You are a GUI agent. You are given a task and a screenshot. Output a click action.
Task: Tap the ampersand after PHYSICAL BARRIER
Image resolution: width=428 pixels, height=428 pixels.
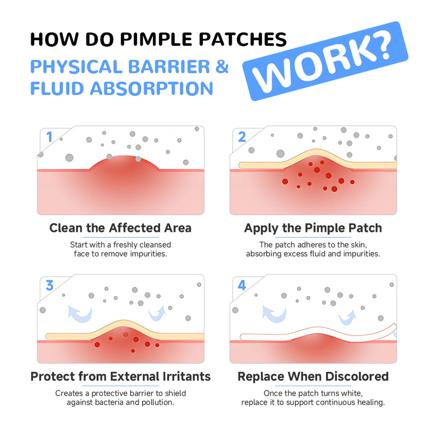(222, 66)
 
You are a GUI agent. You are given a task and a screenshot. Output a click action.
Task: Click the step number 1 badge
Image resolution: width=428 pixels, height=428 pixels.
(49, 137)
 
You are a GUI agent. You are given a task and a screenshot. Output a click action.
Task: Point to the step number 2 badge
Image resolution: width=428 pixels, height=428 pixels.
(242, 137)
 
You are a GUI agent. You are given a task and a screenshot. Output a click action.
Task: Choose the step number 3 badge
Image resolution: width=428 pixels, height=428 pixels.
(49, 285)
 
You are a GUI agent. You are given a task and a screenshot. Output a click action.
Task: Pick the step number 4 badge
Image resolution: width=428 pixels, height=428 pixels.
(242, 285)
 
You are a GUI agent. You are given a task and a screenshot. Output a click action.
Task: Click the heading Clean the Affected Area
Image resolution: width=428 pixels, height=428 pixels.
(120, 228)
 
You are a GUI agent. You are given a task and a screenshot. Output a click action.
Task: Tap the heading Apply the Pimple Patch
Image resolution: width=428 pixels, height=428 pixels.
(313, 228)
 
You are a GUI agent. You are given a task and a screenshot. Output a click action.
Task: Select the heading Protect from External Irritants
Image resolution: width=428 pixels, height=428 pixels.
(120, 376)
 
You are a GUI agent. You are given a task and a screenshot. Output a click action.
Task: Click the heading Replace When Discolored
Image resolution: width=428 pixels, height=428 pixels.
(313, 376)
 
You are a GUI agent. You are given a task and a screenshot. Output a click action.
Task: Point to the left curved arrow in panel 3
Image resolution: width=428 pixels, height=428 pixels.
(80, 312)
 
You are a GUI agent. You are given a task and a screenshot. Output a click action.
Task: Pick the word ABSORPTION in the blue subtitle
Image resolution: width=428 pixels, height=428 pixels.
(152, 88)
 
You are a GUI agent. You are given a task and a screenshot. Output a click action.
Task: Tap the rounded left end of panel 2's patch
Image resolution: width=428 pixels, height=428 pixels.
(241, 165)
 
